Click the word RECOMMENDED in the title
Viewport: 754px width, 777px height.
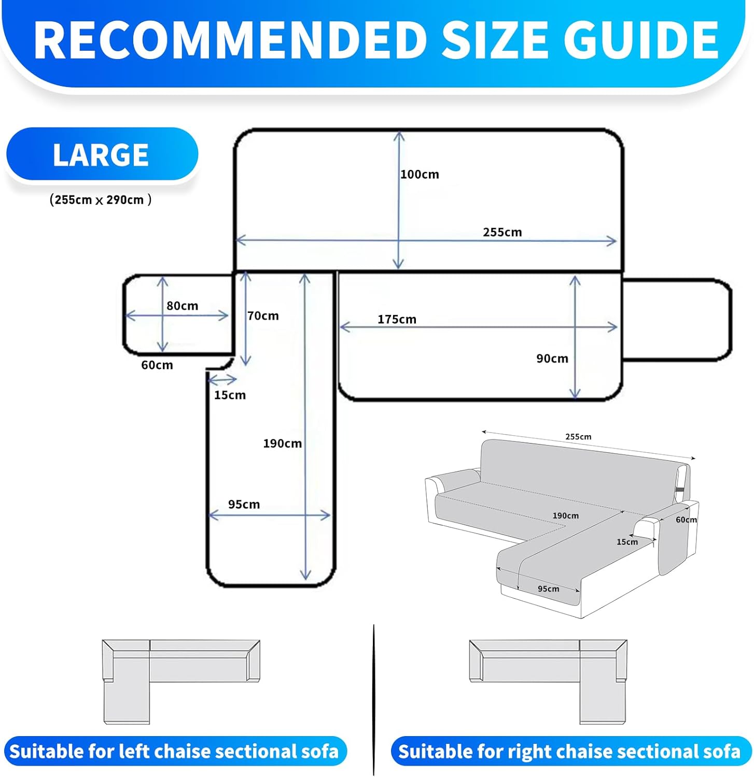pos(231,40)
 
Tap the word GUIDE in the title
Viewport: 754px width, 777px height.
pos(640,40)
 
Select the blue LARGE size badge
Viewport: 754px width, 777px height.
pos(102,154)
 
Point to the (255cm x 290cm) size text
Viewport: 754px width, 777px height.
pos(101,200)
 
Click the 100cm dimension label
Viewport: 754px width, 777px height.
pos(420,175)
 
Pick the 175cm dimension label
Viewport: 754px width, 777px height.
pos(397,320)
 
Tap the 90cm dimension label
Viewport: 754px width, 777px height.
pos(552,358)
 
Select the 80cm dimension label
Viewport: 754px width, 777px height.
pos(182,306)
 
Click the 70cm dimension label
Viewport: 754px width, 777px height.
pos(263,316)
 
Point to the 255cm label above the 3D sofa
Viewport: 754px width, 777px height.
pos(578,437)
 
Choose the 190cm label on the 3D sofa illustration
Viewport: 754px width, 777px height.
pos(565,516)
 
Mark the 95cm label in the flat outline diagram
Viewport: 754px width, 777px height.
pos(244,505)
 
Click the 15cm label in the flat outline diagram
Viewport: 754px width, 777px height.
pos(230,395)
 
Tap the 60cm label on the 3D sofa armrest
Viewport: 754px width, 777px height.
pos(686,520)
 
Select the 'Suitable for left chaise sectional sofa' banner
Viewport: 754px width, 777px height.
pos(174,751)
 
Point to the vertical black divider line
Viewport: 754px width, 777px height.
pos(373,699)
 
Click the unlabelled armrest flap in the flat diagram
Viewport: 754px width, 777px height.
pos(677,319)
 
